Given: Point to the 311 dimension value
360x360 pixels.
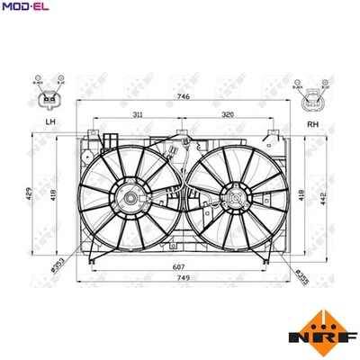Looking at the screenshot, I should pyautogui.click(x=138, y=115).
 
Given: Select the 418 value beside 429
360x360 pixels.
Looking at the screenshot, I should pyautogui.click(x=55, y=194).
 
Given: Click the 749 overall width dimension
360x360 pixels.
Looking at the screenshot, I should pyautogui.click(x=183, y=278).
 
